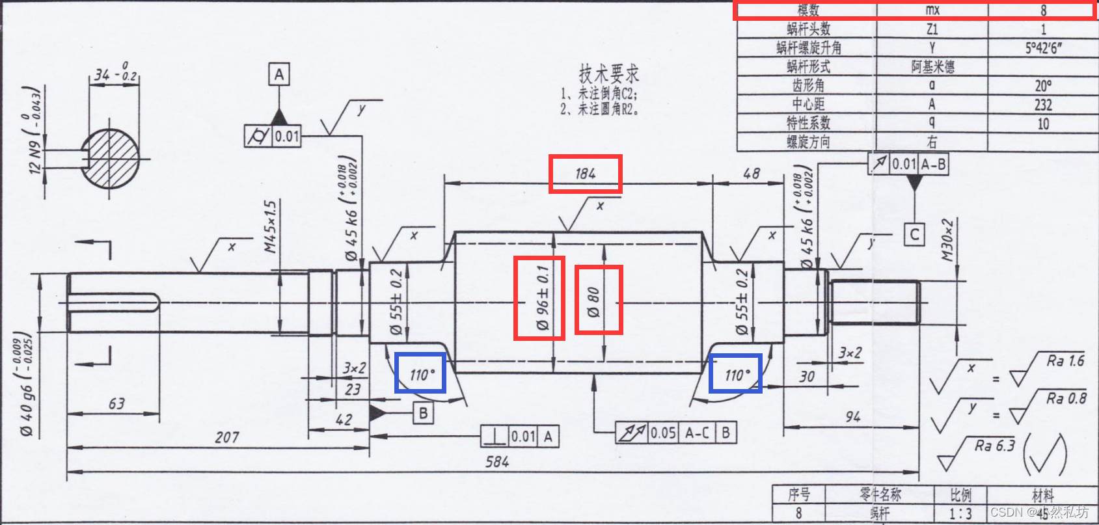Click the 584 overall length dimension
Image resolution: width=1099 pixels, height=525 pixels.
(497, 462)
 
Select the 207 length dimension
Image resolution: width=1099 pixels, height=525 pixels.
(227, 438)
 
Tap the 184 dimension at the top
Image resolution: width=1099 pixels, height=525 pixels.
(585, 174)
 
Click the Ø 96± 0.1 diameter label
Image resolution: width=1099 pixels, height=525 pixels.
(541, 298)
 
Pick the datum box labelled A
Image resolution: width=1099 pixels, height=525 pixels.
(279, 75)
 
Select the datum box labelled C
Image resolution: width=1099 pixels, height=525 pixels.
(914, 234)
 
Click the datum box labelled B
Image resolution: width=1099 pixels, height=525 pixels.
(423, 412)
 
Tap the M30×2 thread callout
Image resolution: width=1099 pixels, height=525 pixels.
(947, 240)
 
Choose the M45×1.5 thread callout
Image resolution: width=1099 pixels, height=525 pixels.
(270, 226)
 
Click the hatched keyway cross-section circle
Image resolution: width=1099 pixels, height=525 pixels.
(111, 159)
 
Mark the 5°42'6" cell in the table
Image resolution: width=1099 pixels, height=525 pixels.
(1043, 48)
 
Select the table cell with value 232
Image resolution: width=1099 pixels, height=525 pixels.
(1043, 105)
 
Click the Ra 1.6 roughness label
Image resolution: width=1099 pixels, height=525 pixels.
(1065, 361)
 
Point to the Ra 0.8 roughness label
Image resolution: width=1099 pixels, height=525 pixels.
(1066, 399)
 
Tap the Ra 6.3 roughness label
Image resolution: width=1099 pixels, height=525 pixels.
(994, 446)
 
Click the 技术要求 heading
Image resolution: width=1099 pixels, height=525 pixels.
(608, 74)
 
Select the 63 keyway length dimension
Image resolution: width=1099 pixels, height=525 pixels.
(116, 404)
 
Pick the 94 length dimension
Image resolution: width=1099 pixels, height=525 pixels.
(852, 417)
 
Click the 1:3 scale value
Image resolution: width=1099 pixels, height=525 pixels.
(960, 513)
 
